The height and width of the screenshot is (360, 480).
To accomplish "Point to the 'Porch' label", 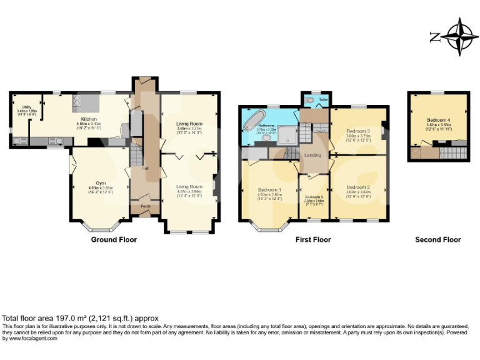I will pos(145,206).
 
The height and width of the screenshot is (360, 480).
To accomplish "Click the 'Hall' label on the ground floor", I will pos(144,169).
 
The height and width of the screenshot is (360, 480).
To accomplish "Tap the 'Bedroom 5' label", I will pos(314,197).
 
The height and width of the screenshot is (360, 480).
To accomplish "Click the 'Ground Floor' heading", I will pos(114,239).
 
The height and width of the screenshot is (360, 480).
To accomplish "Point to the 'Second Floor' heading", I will pos(437,239).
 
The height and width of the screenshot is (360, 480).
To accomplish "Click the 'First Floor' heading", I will pos(313,239).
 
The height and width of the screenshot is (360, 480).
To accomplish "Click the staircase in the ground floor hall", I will pos(134,155).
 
